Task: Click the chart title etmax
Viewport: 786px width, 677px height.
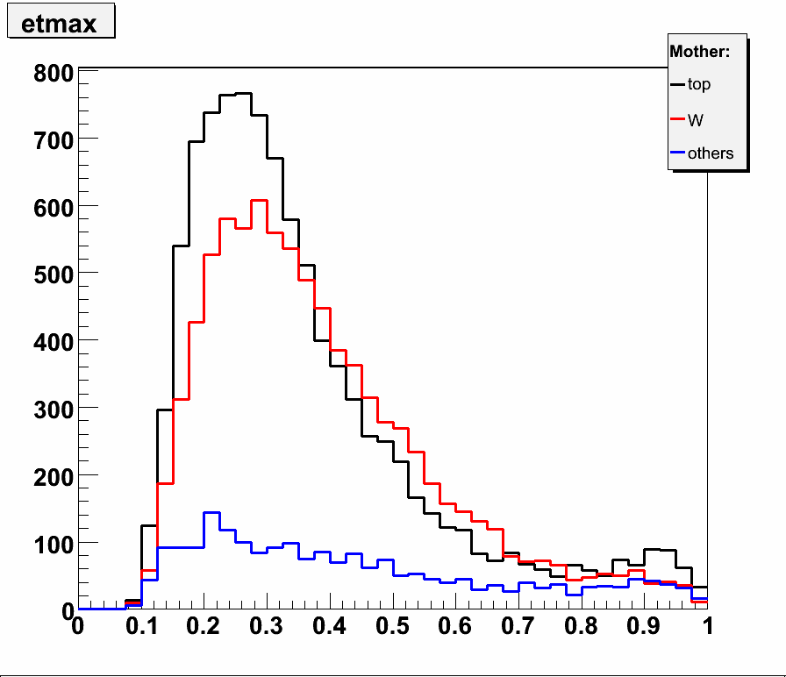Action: click(x=60, y=24)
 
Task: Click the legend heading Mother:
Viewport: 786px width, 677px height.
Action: click(x=699, y=52)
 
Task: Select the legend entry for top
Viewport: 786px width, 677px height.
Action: click(x=699, y=84)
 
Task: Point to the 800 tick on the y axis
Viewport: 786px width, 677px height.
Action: click(x=53, y=74)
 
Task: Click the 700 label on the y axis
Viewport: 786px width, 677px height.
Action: click(x=53, y=139)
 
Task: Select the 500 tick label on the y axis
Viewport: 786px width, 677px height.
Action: click(x=53, y=273)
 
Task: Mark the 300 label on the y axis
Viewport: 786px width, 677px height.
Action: click(x=53, y=408)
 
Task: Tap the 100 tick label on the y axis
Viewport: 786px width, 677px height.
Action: click(x=53, y=543)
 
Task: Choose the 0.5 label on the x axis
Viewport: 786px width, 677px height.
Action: click(x=392, y=628)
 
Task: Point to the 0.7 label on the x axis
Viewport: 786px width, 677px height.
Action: click(x=518, y=628)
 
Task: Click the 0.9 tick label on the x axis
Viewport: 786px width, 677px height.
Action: click(x=644, y=628)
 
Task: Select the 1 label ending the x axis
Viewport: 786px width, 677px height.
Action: click(x=707, y=628)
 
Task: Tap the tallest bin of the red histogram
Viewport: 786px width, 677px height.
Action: click(x=259, y=201)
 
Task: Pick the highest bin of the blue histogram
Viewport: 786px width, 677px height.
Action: click(x=211, y=513)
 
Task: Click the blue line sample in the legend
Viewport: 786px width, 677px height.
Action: click(x=677, y=153)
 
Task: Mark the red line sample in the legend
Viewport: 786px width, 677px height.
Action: click(x=677, y=119)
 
